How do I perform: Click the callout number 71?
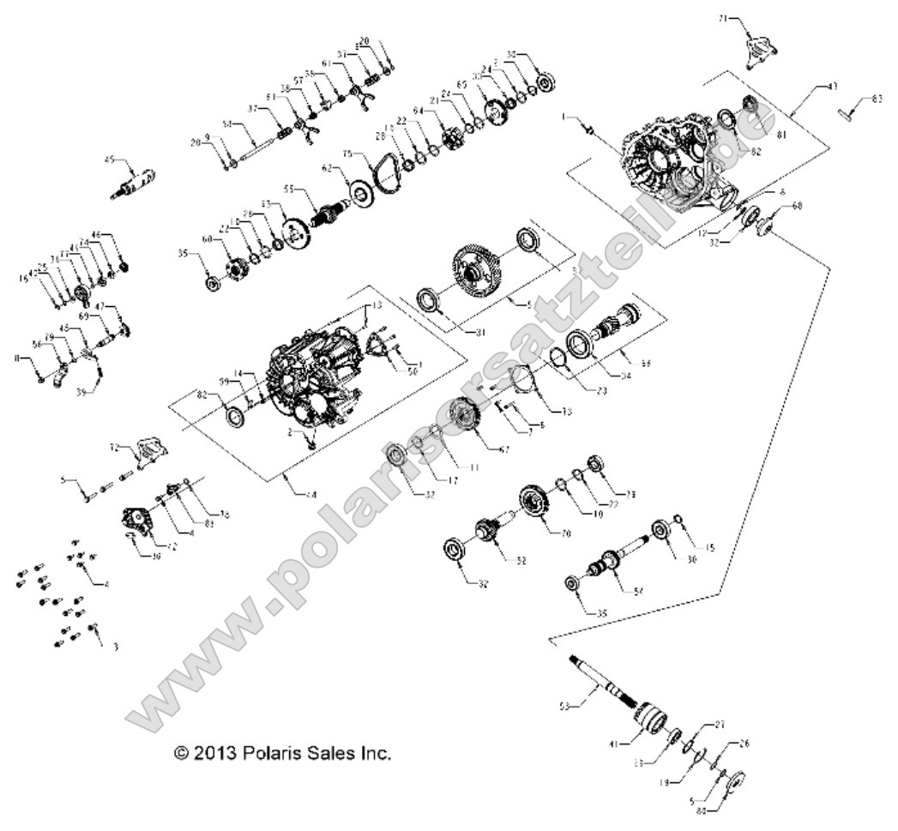[x=722, y=17]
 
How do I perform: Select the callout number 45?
[x=109, y=159]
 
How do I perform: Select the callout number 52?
[x=520, y=560]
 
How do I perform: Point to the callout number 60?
[x=206, y=238]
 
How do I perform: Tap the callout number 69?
[x=84, y=316]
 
